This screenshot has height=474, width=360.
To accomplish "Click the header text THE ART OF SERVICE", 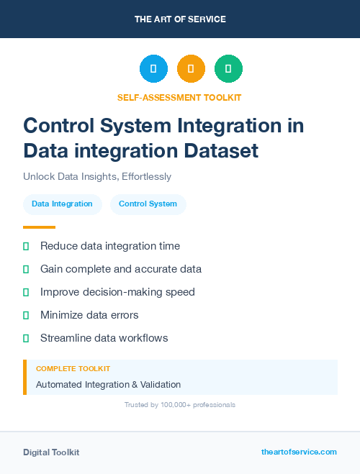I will (180, 19).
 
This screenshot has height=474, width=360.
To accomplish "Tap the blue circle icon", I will (153, 68).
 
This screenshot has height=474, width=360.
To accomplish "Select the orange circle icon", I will (191, 68).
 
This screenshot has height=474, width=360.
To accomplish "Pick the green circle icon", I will (228, 68).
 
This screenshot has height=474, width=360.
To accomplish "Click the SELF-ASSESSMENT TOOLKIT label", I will (179, 97).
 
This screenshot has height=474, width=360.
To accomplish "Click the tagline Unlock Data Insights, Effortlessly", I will (97, 176).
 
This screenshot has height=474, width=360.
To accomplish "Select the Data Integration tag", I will (62, 204).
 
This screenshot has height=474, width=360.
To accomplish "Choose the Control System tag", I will (148, 204).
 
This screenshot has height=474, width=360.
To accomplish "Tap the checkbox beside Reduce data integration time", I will (26, 246).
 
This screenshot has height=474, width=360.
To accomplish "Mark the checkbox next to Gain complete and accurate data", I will (26, 269).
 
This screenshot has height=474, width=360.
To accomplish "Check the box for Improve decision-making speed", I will (26, 292).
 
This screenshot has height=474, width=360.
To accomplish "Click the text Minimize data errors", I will (89, 315).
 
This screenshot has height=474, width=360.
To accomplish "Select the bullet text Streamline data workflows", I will (104, 338).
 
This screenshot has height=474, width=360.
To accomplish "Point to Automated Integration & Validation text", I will (108, 385).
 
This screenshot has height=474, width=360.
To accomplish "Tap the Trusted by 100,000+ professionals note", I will (180, 405).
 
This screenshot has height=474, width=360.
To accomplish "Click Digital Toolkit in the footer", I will (51, 452).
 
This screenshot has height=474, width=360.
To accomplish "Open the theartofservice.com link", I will (299, 452).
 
